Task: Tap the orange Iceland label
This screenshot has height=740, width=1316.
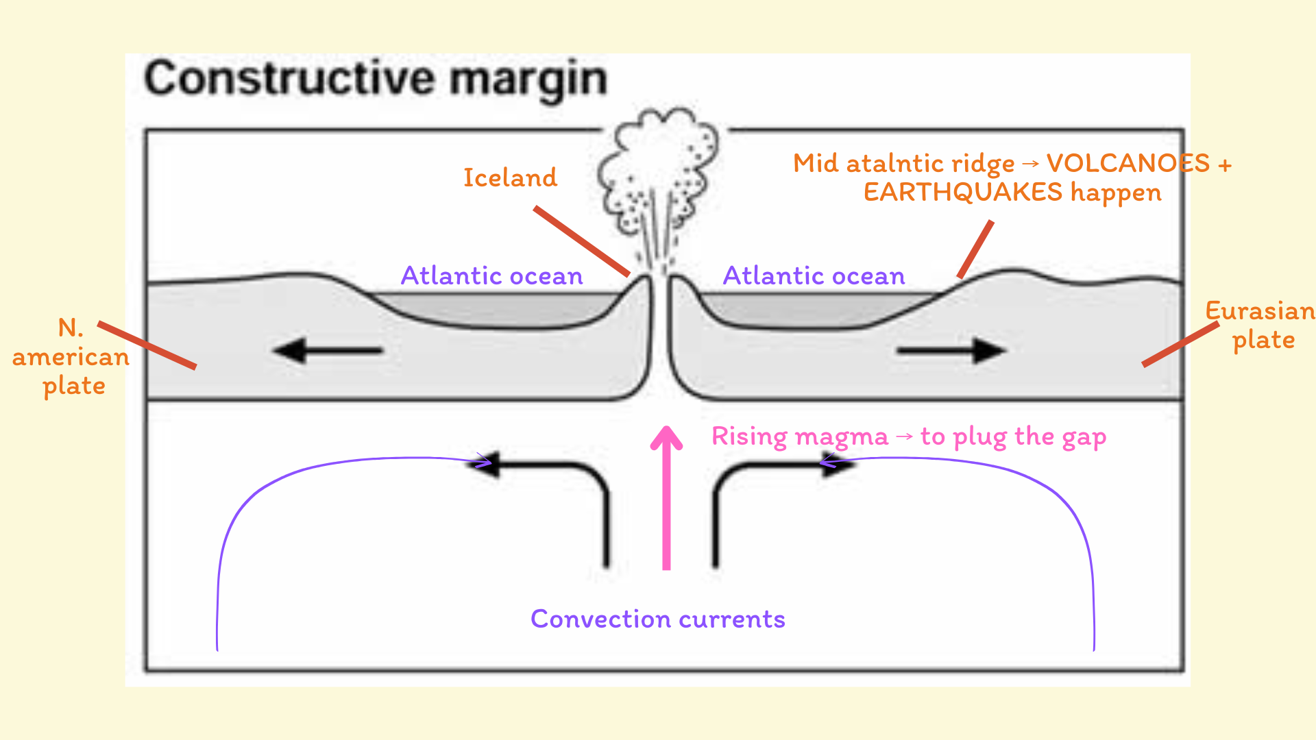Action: point(510,178)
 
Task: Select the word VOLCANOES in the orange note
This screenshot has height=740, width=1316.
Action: point(1128,164)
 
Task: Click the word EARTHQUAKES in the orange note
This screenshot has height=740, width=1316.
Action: point(962,193)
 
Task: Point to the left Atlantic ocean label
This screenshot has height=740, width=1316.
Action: point(491,276)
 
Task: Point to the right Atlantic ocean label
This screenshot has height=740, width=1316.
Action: point(814,276)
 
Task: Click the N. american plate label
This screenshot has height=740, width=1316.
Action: point(71,357)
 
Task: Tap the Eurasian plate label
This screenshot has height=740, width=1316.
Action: point(1260,325)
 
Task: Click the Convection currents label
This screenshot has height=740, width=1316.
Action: point(657,619)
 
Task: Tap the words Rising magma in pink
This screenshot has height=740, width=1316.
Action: point(799,436)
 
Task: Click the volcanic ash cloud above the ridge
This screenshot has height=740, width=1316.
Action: point(658,171)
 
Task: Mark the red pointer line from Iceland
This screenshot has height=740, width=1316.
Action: point(581,241)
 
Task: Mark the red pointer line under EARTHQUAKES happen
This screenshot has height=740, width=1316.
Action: point(975,249)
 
